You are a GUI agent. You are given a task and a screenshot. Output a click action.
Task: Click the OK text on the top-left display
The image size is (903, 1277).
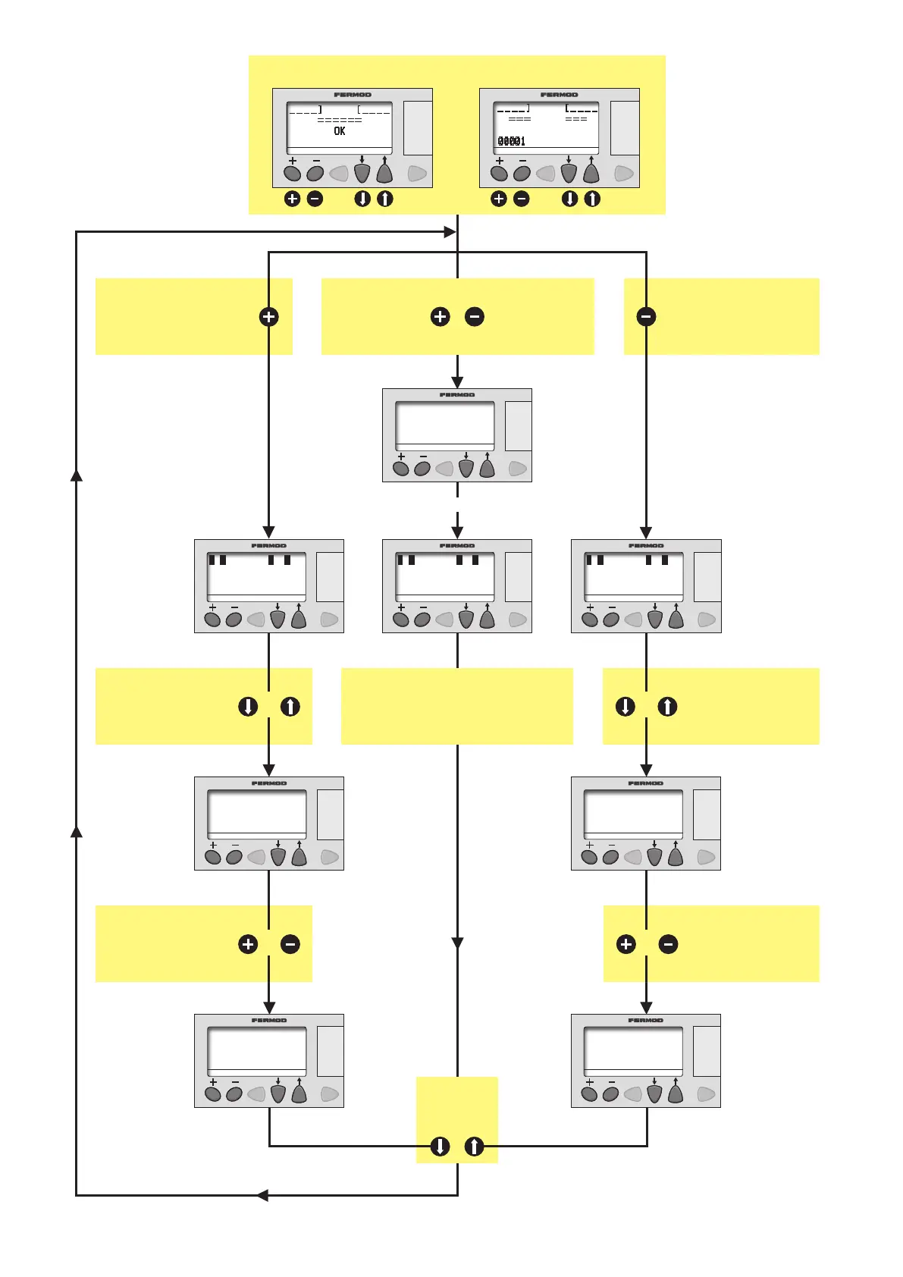tap(339, 131)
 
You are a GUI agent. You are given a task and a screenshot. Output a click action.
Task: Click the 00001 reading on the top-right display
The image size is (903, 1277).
tap(511, 141)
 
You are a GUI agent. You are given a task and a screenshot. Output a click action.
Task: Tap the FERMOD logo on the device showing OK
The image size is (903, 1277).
tap(353, 95)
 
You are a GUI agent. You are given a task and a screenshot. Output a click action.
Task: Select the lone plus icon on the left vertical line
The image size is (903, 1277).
tap(268, 317)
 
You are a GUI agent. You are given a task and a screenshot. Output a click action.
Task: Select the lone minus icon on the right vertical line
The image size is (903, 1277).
tap(646, 317)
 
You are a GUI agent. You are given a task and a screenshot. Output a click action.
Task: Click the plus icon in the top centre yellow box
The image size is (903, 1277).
tap(440, 317)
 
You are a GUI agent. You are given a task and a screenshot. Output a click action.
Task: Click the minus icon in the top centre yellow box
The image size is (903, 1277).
tap(475, 317)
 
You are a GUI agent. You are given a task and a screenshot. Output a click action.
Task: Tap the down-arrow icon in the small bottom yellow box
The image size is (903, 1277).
tap(440, 1147)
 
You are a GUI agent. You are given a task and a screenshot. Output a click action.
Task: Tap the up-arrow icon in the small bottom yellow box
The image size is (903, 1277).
tap(474, 1147)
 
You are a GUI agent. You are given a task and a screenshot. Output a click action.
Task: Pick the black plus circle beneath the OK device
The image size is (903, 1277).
tap(292, 199)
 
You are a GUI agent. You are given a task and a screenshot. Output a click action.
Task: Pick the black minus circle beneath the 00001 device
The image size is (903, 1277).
tap(521, 199)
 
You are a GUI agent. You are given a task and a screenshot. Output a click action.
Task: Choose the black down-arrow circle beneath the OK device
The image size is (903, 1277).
tap(362, 199)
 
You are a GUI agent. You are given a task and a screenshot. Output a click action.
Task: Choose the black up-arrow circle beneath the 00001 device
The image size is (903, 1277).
tap(592, 199)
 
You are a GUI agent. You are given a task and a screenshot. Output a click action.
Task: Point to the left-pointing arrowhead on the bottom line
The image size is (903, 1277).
tap(262, 1196)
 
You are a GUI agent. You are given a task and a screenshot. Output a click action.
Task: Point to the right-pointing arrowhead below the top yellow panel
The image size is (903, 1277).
tap(450, 232)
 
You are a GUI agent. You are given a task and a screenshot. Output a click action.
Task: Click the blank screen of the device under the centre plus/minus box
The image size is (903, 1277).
tap(444, 423)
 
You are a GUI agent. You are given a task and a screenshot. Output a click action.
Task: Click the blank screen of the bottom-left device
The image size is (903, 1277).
tap(257, 1049)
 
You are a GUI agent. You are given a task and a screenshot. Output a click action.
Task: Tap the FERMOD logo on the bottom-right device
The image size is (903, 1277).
tap(645, 1021)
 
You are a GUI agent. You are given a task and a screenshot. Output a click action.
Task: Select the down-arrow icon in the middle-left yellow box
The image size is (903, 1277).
tap(248, 707)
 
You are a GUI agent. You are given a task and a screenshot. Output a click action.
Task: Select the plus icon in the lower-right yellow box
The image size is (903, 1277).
tap(626, 944)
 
